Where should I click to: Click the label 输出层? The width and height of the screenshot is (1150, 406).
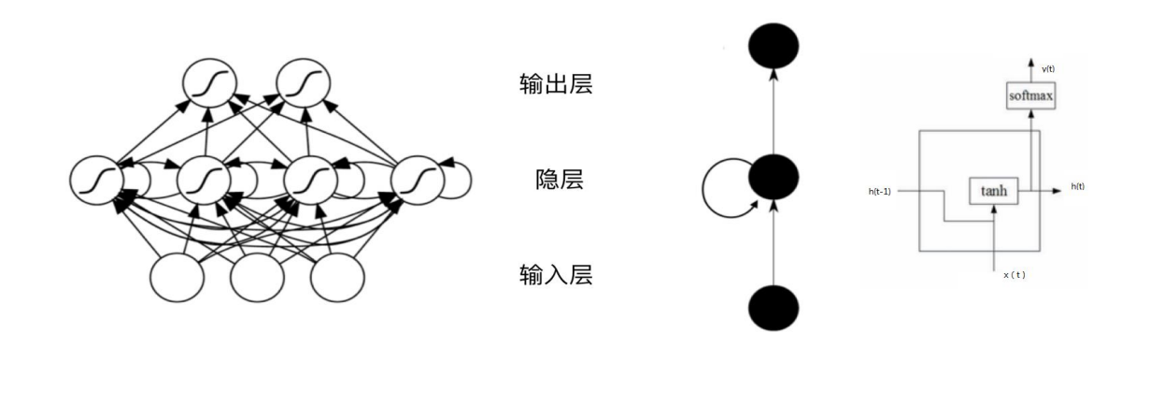[556, 84]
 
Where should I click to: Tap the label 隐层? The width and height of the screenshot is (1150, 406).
[556, 181]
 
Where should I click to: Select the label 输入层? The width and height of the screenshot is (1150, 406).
[556, 276]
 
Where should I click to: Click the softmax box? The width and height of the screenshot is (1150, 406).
[1030, 95]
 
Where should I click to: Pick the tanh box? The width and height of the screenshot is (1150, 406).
[993, 190]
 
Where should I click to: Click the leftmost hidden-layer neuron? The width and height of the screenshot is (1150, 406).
[97, 179]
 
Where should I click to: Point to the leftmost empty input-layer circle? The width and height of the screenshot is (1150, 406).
[177, 277]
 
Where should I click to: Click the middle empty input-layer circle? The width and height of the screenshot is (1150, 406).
[257, 277]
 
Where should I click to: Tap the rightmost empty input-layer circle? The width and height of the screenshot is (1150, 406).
[336, 277]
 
